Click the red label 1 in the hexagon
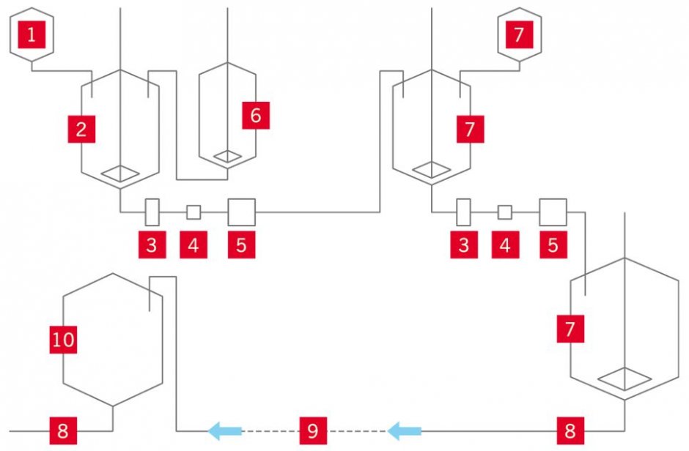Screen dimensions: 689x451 32,34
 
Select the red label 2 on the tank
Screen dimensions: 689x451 81,129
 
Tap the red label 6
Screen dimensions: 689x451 256,116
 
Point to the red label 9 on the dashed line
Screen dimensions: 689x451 313,430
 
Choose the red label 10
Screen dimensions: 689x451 63,340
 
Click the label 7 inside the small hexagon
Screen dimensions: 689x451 520,34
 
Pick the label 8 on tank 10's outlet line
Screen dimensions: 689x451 63,430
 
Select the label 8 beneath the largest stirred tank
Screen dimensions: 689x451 570,430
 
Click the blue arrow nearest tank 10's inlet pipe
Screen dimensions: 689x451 224,430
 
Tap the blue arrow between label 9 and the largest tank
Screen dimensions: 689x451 405,430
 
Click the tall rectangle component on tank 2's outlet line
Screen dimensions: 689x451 152,212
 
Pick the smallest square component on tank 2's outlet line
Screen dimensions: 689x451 194,212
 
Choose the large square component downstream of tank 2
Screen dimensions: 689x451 242,212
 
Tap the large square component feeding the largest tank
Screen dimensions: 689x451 553,212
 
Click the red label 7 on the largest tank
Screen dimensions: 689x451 570,329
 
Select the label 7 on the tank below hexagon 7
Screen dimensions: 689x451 470,129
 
